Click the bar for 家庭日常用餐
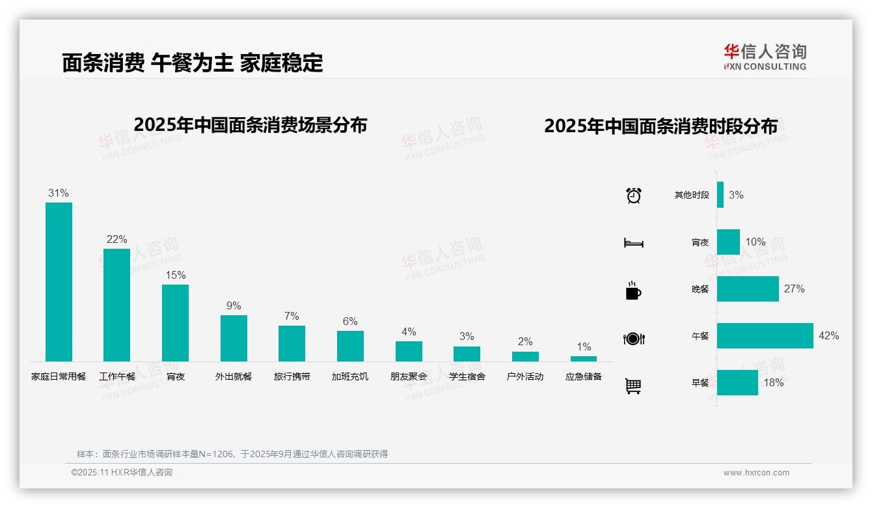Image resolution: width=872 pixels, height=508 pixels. point(59,281)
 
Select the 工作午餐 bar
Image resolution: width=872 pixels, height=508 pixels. point(116,305)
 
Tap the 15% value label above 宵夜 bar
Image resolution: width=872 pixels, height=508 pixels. point(175,275)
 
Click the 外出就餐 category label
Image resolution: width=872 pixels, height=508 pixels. point(234,376)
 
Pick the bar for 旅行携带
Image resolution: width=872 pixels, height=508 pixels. point(292,343)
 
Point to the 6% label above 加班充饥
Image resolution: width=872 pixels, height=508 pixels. point(350,321)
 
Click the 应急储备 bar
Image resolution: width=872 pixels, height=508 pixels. point(584,359)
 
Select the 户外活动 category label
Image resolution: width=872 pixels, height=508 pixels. point(525,376)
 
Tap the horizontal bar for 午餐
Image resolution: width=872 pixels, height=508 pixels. point(765,335)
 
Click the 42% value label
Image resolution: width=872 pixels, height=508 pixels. point(829,336)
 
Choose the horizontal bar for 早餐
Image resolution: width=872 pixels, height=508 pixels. point(737,382)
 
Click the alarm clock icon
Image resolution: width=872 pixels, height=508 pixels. point(634,195)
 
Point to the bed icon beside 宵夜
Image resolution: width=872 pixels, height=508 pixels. point(634,243)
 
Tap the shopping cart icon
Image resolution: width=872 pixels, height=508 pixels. point(633,386)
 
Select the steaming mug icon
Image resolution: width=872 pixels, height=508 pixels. point(633,290)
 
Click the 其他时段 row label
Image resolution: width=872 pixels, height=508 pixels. point(692,195)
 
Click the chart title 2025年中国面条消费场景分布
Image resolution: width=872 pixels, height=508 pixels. point(251,125)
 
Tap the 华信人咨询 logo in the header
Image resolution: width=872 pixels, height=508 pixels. point(765,57)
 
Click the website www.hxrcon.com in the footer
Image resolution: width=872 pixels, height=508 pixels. point(756,473)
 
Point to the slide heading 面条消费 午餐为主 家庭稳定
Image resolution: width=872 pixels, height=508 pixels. point(193,63)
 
